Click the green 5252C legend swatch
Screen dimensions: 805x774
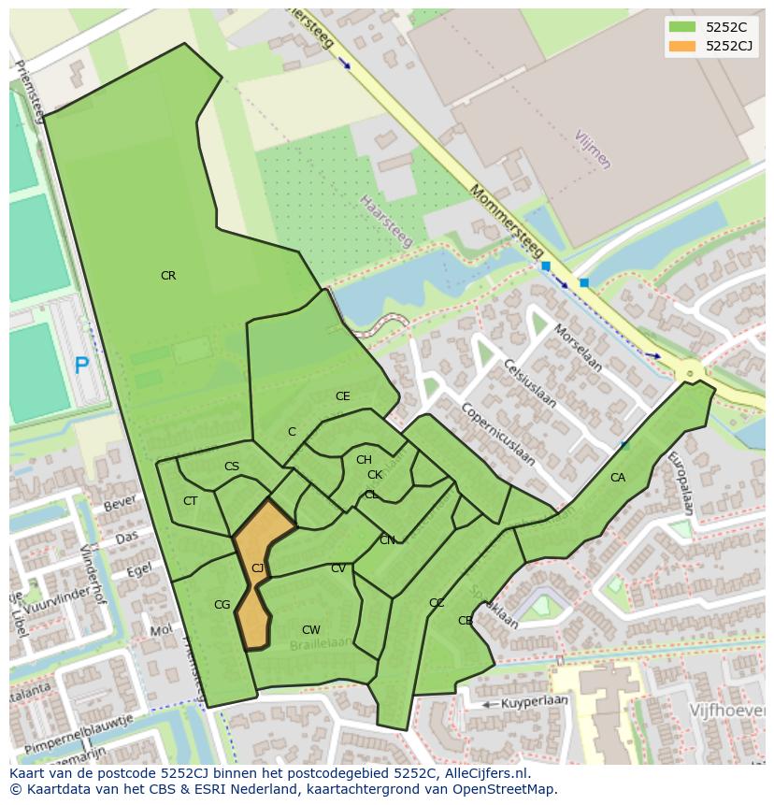(682, 27)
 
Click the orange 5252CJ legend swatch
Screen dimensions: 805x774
(682, 46)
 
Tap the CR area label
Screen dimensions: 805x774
(168, 276)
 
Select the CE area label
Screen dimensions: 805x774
(342, 396)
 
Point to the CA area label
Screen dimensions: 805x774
(617, 478)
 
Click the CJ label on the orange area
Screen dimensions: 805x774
(257, 568)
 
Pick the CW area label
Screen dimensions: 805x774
(311, 630)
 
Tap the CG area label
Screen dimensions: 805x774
(222, 605)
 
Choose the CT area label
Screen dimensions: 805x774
(190, 501)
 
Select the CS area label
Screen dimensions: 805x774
(231, 467)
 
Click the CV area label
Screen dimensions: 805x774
(337, 568)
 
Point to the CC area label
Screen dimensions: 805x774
(436, 603)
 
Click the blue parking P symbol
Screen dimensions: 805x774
(81, 366)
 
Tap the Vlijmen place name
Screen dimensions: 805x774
(593, 150)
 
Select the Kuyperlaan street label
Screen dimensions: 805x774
(535, 701)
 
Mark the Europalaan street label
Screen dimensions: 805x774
(680, 483)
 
